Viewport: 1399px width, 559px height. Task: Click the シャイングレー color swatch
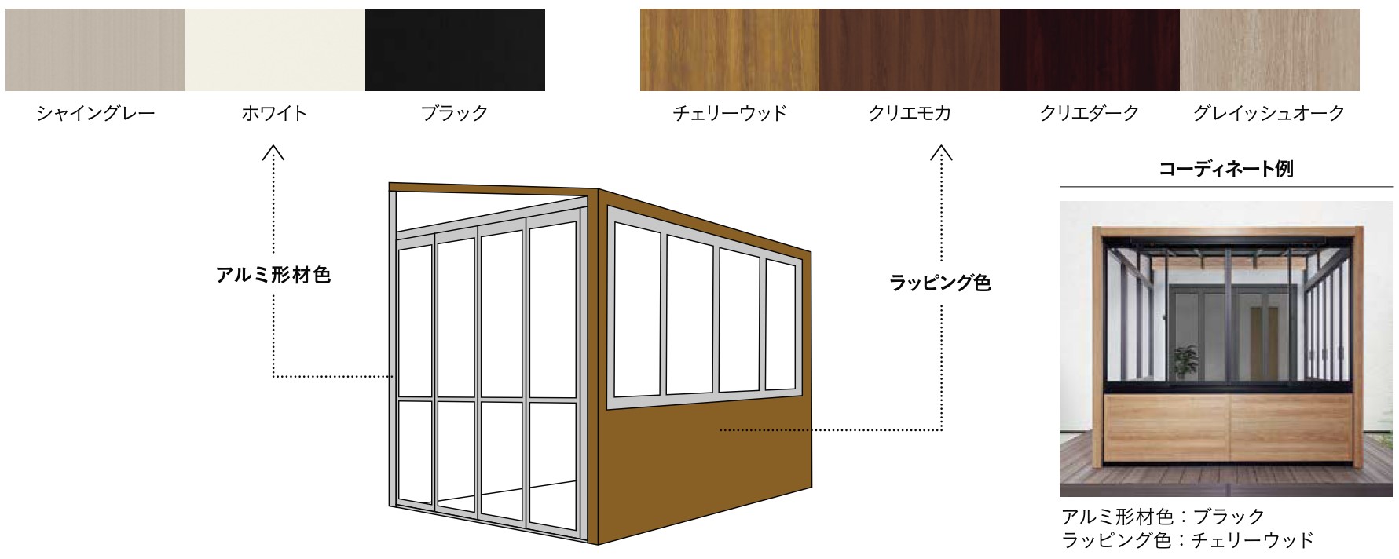pyautogui.click(x=95, y=49)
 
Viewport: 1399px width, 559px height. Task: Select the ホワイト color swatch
pyautogui.click(x=275, y=49)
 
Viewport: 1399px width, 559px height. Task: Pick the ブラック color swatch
pyautogui.click(x=455, y=49)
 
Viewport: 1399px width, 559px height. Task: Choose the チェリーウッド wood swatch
pyautogui.click(x=730, y=49)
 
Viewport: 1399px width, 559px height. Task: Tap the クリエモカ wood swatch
pyautogui.click(x=910, y=49)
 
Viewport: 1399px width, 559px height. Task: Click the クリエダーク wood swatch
pyautogui.click(x=1090, y=49)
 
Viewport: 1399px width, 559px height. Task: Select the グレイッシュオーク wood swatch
pyautogui.click(x=1269, y=49)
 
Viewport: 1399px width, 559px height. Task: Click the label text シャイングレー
pyautogui.click(x=95, y=113)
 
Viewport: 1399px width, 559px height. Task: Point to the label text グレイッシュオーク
pyautogui.click(x=1269, y=113)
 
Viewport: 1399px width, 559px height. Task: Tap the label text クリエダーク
pyautogui.click(x=1090, y=113)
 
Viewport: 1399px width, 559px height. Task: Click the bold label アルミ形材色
pyautogui.click(x=273, y=275)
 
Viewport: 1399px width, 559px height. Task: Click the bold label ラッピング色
pyautogui.click(x=940, y=283)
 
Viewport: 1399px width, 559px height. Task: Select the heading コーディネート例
pyautogui.click(x=1225, y=169)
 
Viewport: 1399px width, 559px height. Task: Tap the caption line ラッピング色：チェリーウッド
pyautogui.click(x=1187, y=540)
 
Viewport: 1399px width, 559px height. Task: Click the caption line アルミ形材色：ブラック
pyautogui.click(x=1163, y=517)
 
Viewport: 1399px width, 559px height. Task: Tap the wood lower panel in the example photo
pyautogui.click(x=1229, y=428)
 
